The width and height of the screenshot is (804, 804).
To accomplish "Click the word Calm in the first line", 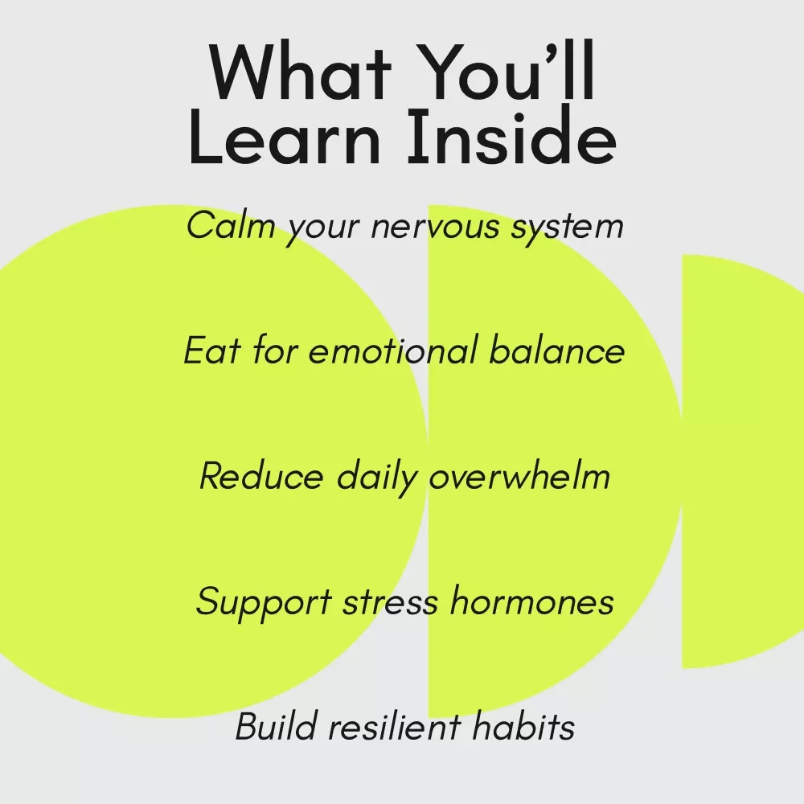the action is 231,225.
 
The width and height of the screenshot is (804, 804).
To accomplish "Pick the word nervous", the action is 435,228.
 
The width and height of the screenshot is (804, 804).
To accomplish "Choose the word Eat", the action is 212,351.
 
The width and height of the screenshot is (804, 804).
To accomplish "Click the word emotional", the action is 392,351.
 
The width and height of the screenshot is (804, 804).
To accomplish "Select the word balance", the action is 557,351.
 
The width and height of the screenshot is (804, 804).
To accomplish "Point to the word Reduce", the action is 261,476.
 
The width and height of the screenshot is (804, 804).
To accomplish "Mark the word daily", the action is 377,478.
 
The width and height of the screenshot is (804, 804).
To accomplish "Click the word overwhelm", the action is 519,476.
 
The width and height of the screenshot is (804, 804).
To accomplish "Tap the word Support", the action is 264,603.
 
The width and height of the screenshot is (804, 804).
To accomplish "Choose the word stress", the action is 390,602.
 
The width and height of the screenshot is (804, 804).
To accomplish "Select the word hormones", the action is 532,601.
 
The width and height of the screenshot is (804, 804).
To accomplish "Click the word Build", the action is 275,726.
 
